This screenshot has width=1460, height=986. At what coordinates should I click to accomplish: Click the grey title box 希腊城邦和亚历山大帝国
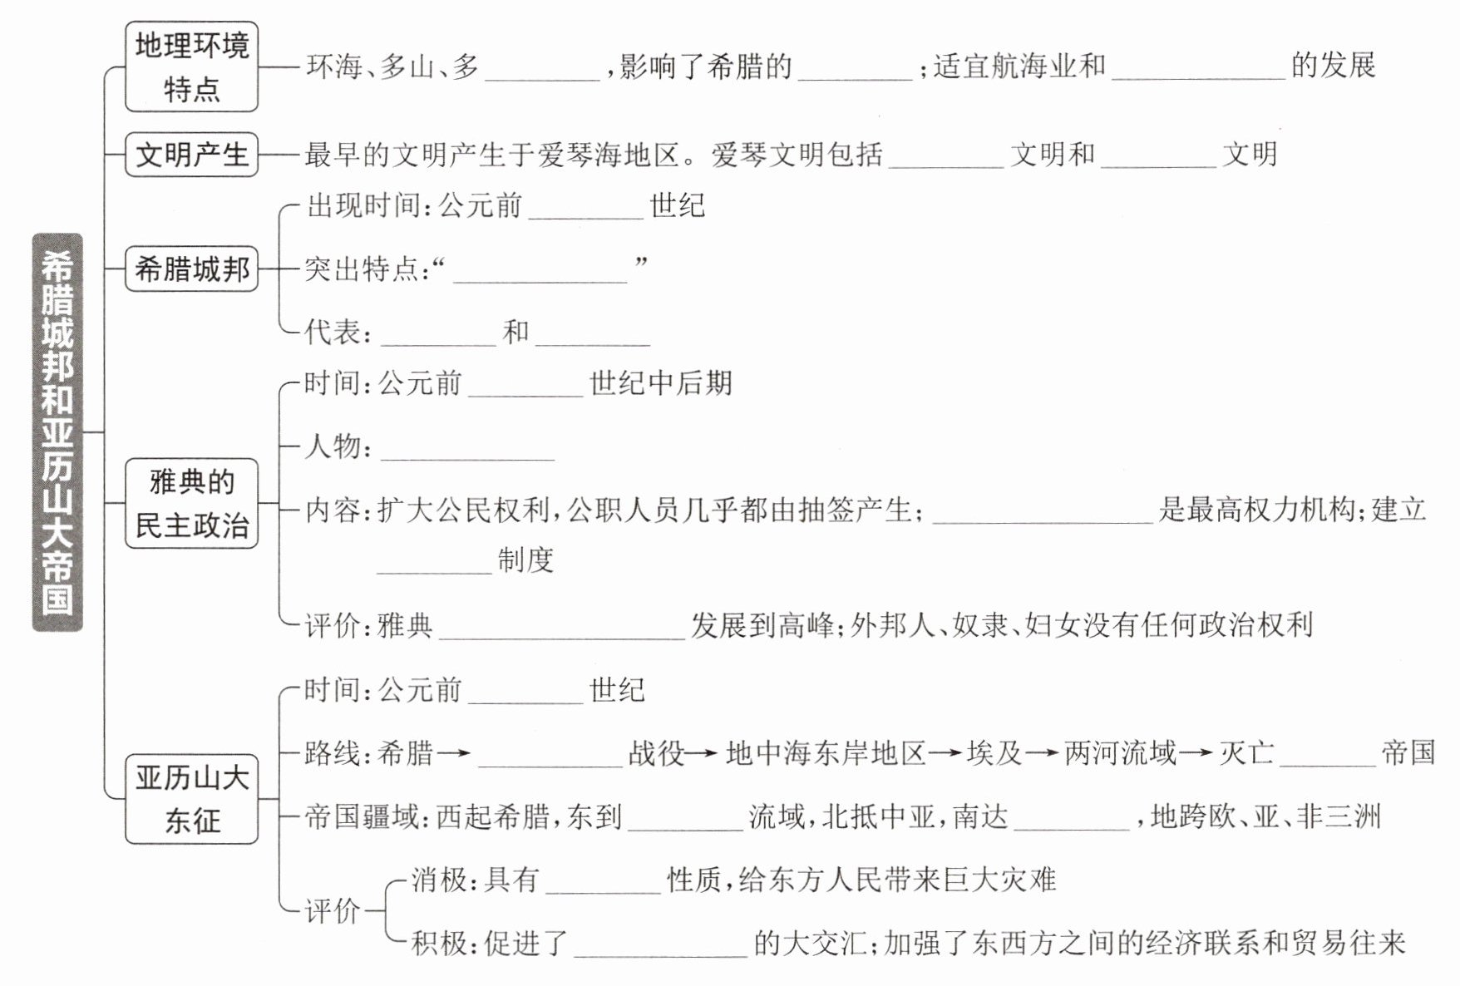pyautogui.click(x=57, y=432)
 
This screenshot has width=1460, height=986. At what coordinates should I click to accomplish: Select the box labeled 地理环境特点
pyautogui.click(x=191, y=67)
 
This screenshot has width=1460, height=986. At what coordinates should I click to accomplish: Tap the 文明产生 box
pyautogui.click(x=191, y=154)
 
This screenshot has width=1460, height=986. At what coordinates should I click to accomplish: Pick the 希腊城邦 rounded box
pyautogui.click(x=191, y=269)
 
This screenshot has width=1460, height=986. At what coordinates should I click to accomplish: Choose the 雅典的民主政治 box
pyautogui.click(x=191, y=503)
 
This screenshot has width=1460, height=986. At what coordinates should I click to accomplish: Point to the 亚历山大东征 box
pyautogui.click(x=191, y=799)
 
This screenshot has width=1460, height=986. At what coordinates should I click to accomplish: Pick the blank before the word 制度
pyautogui.click(x=435, y=564)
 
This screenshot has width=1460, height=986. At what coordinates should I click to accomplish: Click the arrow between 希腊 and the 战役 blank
pyautogui.click(x=454, y=754)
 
